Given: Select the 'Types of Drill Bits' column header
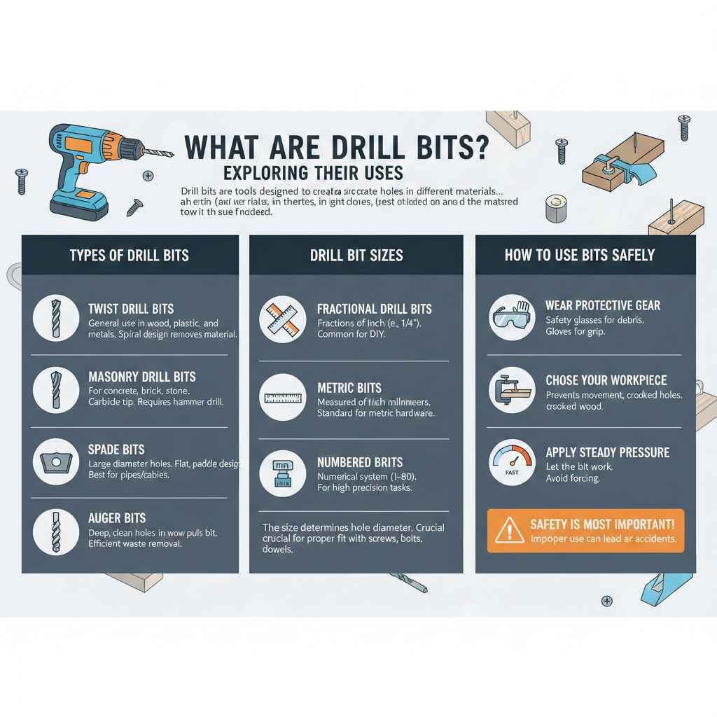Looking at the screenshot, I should [130, 255].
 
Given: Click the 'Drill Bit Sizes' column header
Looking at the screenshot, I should [356, 255].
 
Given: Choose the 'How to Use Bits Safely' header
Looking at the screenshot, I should [580, 255].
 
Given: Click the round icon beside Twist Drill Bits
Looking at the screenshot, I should [56, 318].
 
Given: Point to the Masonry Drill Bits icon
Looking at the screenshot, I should [56, 389].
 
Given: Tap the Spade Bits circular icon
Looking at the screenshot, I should [56, 461].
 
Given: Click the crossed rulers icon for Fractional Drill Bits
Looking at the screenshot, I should [283, 319].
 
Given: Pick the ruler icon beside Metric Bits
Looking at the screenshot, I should [283, 398].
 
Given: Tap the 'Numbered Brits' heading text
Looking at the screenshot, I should [360, 463].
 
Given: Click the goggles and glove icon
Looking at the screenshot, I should [512, 317].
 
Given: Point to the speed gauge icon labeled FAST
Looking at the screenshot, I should [512, 462].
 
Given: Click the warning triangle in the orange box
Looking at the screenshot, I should [509, 531].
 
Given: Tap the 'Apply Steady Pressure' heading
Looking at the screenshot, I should [607, 452].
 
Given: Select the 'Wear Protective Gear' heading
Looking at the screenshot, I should [603, 306].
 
